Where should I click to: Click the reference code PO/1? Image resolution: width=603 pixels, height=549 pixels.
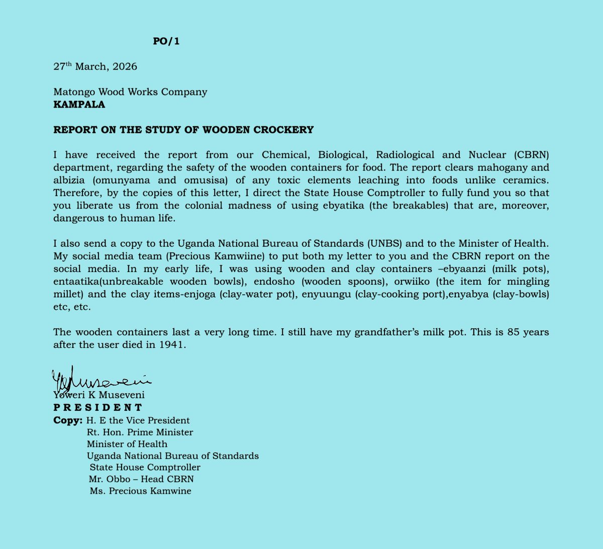point(166,42)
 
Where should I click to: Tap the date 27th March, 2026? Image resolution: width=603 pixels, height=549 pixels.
point(95,67)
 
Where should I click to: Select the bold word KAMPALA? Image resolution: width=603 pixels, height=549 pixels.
point(79,105)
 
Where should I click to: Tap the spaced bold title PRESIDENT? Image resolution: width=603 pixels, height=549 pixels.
point(98,407)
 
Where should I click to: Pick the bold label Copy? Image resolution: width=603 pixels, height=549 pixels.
point(68,420)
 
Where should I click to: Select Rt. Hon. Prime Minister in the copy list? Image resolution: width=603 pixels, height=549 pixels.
point(140,432)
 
